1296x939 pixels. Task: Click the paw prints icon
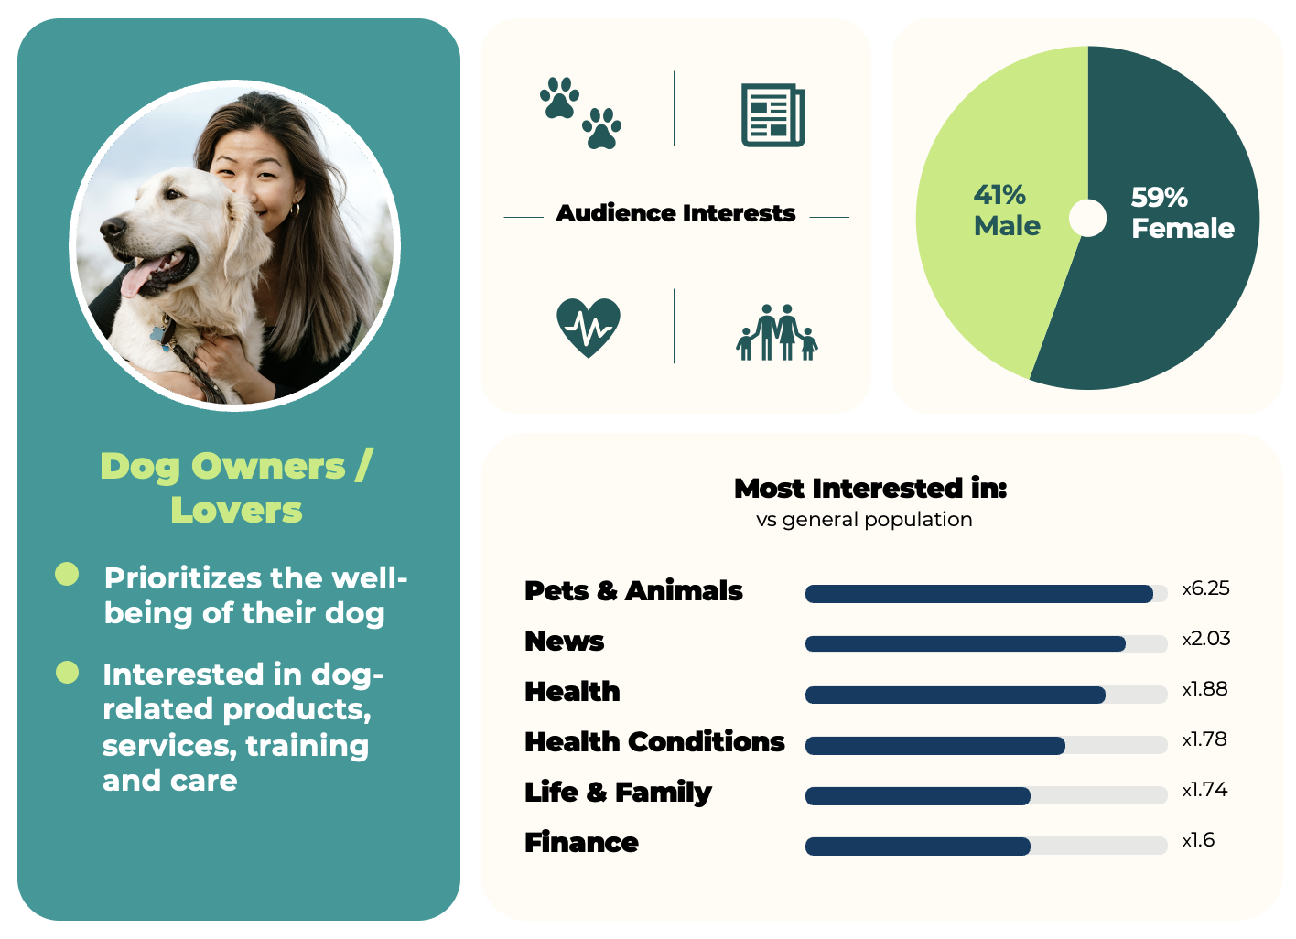point(580,113)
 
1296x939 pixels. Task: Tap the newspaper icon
point(773,115)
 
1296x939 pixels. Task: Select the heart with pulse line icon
point(589,328)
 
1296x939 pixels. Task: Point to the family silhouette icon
point(777,332)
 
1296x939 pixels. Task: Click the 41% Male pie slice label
point(1007,210)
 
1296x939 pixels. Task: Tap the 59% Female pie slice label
point(1183,213)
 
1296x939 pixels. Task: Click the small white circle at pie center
point(1087,218)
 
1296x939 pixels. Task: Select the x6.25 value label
point(1205,588)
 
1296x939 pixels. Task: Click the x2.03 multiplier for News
point(1205,639)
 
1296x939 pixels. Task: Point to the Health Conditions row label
point(654,741)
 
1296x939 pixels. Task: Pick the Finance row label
point(581,842)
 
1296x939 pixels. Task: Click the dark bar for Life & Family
point(918,796)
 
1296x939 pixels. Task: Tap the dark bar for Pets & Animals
point(979,594)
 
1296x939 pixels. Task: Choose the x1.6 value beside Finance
point(1198,840)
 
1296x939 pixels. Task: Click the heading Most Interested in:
point(870,489)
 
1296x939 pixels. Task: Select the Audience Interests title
point(675,213)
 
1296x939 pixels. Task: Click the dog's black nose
point(112,228)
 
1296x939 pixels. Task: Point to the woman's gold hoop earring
point(295,210)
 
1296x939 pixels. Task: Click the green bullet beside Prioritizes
point(67,574)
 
